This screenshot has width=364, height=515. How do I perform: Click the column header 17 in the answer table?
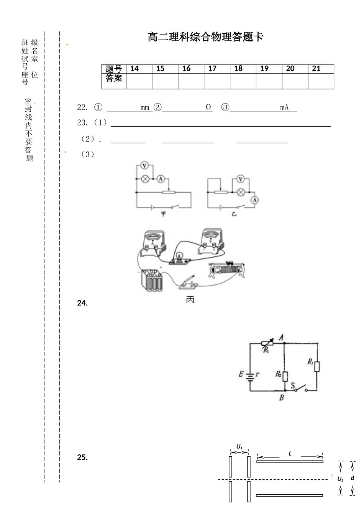coord(212,69)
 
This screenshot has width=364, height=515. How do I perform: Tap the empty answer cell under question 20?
coord(295,81)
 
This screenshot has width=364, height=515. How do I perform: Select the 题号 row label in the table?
coord(114,69)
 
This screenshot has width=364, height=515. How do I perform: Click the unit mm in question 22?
coord(145,108)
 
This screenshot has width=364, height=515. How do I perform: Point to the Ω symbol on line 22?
coord(208,107)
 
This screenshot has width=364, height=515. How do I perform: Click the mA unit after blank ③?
coord(284,107)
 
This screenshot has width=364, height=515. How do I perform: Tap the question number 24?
coord(82,303)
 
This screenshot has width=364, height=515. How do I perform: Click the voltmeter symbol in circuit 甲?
coord(144,166)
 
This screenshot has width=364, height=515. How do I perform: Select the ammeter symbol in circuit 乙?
coord(254,200)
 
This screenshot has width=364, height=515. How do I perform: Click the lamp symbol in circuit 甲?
coord(145,179)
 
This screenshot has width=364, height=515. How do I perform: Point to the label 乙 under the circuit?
coord(234,214)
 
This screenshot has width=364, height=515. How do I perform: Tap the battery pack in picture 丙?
coord(151,281)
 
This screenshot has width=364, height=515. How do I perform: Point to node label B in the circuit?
coord(281,398)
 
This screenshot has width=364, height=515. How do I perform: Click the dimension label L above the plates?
coord(290,453)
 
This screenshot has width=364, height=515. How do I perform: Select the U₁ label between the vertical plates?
coord(239,447)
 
